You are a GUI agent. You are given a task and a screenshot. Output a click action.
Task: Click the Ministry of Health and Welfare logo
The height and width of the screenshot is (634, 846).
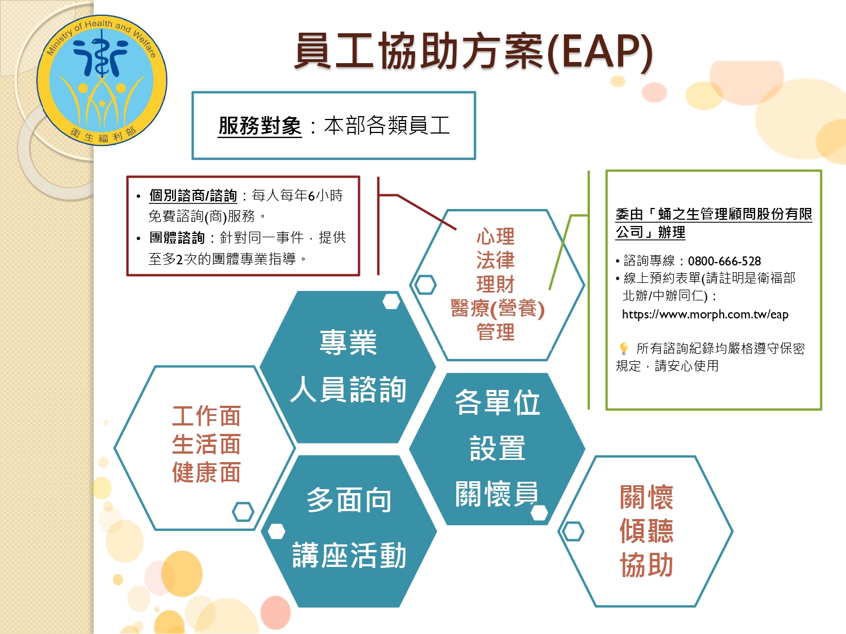[x=102, y=80]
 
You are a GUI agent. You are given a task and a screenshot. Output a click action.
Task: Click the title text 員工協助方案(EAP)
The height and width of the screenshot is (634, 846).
[x=473, y=52]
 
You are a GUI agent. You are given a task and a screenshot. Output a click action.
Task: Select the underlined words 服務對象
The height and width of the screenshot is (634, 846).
[x=260, y=126]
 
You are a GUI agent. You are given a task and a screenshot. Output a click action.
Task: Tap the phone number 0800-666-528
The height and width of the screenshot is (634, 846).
[x=724, y=261]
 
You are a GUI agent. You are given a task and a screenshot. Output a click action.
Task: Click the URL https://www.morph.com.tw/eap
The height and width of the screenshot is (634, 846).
[x=705, y=314]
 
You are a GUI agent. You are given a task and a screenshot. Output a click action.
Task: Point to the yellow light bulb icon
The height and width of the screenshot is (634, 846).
[x=623, y=349]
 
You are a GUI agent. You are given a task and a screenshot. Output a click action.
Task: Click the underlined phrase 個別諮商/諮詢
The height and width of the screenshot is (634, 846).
[x=193, y=196]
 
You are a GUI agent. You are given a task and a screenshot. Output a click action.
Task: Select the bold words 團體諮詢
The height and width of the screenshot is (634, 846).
[x=177, y=237]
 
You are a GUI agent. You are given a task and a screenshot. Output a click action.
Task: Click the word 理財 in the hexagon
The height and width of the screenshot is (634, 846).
[x=495, y=285]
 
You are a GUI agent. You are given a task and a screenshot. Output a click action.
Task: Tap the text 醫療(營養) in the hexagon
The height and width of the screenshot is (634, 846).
[x=497, y=308]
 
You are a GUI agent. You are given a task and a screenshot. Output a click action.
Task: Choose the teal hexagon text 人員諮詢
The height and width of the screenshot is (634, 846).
[x=348, y=389]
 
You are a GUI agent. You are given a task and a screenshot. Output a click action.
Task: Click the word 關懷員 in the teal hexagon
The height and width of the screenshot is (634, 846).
[x=497, y=494]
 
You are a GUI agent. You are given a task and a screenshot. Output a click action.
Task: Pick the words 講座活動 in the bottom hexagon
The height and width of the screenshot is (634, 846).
[x=349, y=555]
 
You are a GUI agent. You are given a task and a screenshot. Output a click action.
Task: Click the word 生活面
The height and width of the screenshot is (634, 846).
[x=206, y=444]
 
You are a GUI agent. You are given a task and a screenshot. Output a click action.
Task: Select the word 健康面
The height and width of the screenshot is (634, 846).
[x=206, y=472]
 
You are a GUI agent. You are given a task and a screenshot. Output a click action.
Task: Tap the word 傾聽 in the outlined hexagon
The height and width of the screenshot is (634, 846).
[x=646, y=531]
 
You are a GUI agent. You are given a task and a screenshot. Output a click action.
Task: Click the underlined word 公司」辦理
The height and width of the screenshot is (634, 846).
[x=650, y=232]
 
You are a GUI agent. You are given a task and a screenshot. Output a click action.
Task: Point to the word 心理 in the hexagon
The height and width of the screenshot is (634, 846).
[x=495, y=236]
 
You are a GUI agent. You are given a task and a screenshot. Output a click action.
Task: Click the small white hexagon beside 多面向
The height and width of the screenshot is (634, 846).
[x=276, y=531]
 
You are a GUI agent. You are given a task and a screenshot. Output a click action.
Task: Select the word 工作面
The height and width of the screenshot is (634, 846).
[x=206, y=416]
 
